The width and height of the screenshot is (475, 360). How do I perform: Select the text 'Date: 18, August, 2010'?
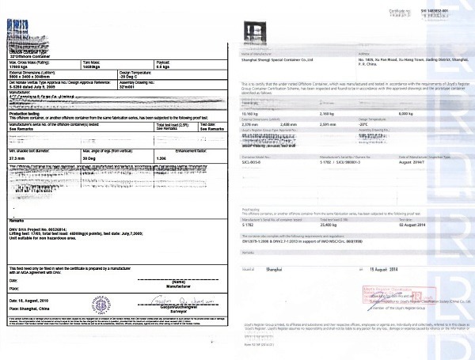click(32, 301)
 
